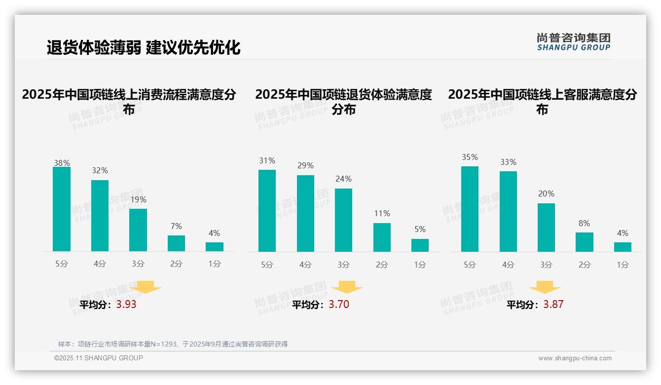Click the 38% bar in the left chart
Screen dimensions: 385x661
[62, 209]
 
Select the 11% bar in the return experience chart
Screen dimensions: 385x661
[382, 237]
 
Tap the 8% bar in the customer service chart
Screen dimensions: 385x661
[585, 242]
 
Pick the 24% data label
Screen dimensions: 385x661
[343, 179]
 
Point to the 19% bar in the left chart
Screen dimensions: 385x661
[138, 230]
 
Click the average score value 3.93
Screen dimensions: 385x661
[126, 305]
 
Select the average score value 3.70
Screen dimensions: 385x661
[339, 305]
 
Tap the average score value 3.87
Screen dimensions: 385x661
[553, 305]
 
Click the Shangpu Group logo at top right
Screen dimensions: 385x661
[573, 42]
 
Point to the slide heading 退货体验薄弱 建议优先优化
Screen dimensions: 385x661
[144, 47]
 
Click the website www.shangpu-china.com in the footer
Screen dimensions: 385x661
[575, 358]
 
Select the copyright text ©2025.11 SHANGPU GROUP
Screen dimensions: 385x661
[99, 358]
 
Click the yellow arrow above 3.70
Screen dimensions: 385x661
[347, 287]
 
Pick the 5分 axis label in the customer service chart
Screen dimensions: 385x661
[470, 265]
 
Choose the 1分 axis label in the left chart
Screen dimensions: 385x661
[215, 264]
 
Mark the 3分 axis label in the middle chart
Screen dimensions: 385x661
[343, 265]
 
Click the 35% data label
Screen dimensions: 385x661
[470, 157]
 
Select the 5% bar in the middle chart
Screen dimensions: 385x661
[420, 245]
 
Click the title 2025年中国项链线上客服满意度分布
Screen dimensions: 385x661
[542, 102]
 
